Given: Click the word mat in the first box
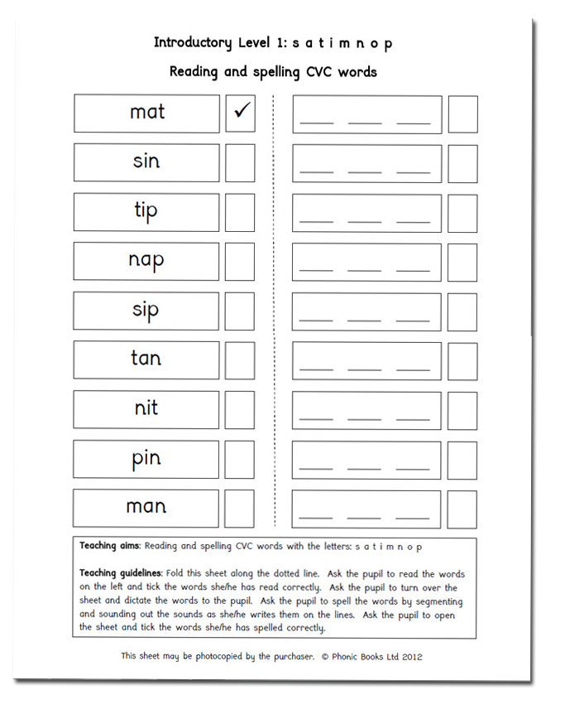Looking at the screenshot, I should (147, 112).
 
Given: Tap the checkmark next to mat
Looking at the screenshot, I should (241, 113).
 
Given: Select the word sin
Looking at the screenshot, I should (146, 161).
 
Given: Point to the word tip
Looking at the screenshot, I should (146, 210).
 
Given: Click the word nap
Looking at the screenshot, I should (146, 260).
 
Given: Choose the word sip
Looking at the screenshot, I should (146, 310).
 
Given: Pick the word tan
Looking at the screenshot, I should (146, 359).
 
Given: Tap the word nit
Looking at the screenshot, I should (146, 408).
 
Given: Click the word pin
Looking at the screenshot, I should (146, 458).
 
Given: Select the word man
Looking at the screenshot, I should (146, 507).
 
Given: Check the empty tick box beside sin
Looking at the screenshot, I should (240, 163).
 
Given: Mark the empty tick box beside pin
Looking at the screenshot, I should (240, 460).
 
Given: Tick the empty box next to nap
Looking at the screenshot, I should (240, 262).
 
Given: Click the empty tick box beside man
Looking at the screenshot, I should (240, 509).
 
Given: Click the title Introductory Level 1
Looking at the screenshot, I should (218, 43).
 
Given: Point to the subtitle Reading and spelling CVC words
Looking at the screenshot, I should (273, 71).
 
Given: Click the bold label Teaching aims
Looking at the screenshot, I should (108, 547).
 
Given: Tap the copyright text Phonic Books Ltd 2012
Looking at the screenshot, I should (376, 656).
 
